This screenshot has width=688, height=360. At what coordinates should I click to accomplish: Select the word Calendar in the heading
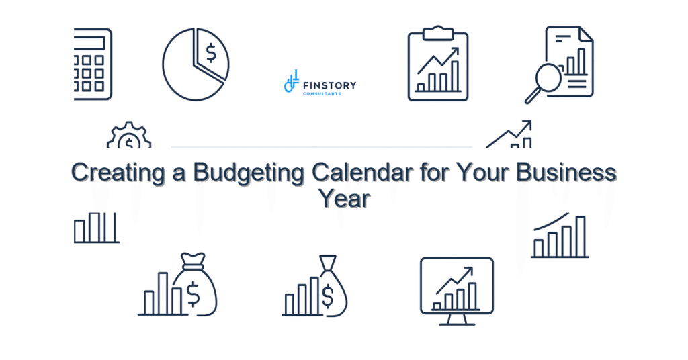point(358,173)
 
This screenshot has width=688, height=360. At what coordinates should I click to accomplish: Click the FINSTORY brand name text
point(329,85)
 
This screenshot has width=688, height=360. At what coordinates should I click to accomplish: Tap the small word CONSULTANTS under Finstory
point(322,94)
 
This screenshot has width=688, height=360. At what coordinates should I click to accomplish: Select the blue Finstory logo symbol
point(291,82)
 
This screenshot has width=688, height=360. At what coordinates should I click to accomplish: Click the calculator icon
point(93,64)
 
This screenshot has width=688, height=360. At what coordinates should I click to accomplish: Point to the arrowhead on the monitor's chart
point(468,271)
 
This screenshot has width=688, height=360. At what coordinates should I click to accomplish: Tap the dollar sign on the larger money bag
point(194,293)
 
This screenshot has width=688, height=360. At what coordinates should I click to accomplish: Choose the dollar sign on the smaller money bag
point(328,294)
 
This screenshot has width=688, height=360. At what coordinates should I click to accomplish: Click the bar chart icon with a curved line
point(560,237)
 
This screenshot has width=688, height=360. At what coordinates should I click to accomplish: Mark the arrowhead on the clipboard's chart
point(455,52)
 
